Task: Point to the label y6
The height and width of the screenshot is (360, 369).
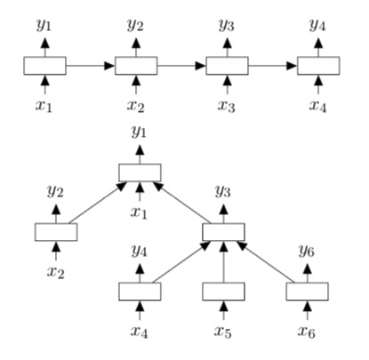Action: coord(308,252)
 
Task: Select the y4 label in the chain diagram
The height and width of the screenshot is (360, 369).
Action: coord(317,24)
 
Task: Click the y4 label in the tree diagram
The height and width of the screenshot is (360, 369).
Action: coord(140,252)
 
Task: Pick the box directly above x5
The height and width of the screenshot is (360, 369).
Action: coord(223,291)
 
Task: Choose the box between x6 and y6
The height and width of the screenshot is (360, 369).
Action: coord(308,291)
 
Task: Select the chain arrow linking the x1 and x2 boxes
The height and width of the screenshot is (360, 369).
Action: coord(90,65)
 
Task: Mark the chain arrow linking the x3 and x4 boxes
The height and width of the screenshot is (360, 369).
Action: coord(272,65)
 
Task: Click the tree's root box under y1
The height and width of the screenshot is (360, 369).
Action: coord(140,172)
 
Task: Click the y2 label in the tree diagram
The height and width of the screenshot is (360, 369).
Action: coord(56,192)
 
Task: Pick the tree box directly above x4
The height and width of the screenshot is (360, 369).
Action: coord(140,291)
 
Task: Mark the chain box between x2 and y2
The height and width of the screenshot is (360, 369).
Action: coord(136,65)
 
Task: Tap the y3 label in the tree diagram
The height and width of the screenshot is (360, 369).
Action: coord(223,192)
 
